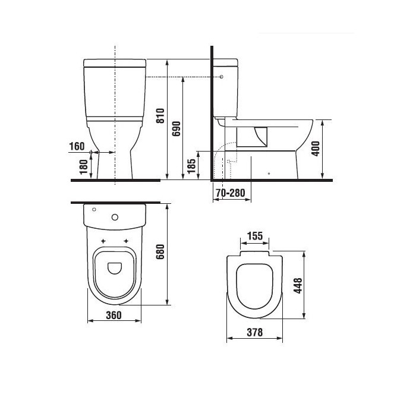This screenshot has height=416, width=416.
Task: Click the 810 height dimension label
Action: (160, 116)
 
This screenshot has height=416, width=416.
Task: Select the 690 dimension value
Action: (176, 129)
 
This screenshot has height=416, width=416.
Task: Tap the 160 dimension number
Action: (77, 146)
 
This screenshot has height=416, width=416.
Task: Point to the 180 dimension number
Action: (84, 167)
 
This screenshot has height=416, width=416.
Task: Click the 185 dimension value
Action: (191, 166)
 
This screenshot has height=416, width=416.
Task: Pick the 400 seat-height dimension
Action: (316, 149)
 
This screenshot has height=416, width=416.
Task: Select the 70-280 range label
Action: (231, 193)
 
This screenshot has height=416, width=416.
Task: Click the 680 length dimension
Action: (160, 252)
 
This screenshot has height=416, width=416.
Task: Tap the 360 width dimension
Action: (114, 315)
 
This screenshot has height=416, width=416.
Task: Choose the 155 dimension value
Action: (255, 236)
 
